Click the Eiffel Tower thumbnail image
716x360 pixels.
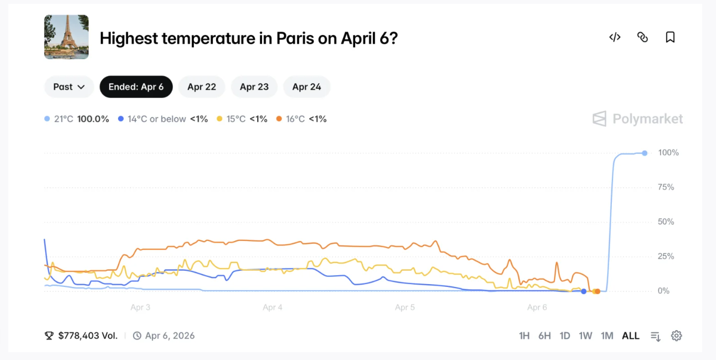pyautogui.click(x=67, y=37)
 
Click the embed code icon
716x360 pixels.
pyautogui.click(x=615, y=37)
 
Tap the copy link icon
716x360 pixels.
pyautogui.click(x=642, y=37)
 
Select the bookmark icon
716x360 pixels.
pyautogui.click(x=670, y=37)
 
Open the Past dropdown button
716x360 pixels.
pyautogui.click(x=69, y=87)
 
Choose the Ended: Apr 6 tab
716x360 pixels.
pyautogui.click(x=136, y=87)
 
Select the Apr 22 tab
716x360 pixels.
pyautogui.click(x=202, y=87)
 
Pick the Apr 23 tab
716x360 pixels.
pyautogui.click(x=254, y=87)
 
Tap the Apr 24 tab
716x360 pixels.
pyautogui.click(x=306, y=87)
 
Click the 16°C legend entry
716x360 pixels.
pyautogui.click(x=301, y=119)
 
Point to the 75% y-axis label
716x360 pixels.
pyautogui.click(x=666, y=187)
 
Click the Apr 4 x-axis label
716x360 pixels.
pyautogui.click(x=273, y=307)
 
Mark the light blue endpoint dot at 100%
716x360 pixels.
pyautogui.click(x=645, y=153)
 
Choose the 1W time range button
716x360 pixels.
pyautogui.click(x=585, y=336)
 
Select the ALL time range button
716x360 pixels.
pyautogui.click(x=631, y=336)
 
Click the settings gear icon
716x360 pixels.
pyautogui.click(x=676, y=336)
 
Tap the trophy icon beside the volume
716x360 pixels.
pyautogui.click(x=49, y=336)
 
